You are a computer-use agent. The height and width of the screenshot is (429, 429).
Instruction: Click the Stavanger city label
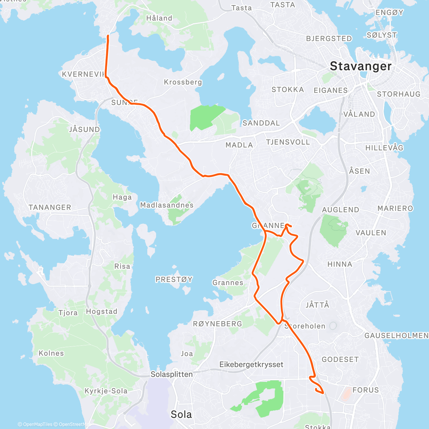tap(360, 66)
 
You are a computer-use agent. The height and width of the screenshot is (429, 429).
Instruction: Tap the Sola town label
tap(181, 414)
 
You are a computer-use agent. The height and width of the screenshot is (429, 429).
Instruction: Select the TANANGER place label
tap(50, 207)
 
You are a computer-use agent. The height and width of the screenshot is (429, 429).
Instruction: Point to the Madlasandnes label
tap(167, 205)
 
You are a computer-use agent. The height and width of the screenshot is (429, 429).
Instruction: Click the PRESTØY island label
tap(174, 280)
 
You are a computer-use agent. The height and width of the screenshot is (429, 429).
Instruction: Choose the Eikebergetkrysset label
tap(251, 365)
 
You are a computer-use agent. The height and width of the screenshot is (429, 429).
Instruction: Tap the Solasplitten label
tap(172, 374)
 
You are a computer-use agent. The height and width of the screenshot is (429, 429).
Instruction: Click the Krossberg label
tap(183, 82)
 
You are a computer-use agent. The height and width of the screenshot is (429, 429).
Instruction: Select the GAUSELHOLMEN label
tap(396, 335)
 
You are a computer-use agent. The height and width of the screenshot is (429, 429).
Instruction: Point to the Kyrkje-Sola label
tap(106, 391)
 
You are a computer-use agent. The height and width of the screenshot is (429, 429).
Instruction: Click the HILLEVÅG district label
tap(384, 148)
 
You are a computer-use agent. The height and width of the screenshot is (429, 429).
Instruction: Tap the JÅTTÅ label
tap(317, 305)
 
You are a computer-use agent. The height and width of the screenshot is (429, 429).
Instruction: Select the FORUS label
tap(365, 390)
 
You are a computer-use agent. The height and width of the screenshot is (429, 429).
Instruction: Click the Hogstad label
tap(102, 311)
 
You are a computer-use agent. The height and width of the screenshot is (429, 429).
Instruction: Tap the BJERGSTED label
tap(329, 39)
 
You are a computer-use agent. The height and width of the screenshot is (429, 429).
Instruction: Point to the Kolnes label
tap(51, 353)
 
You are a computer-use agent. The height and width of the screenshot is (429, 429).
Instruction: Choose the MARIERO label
tap(395, 208)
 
